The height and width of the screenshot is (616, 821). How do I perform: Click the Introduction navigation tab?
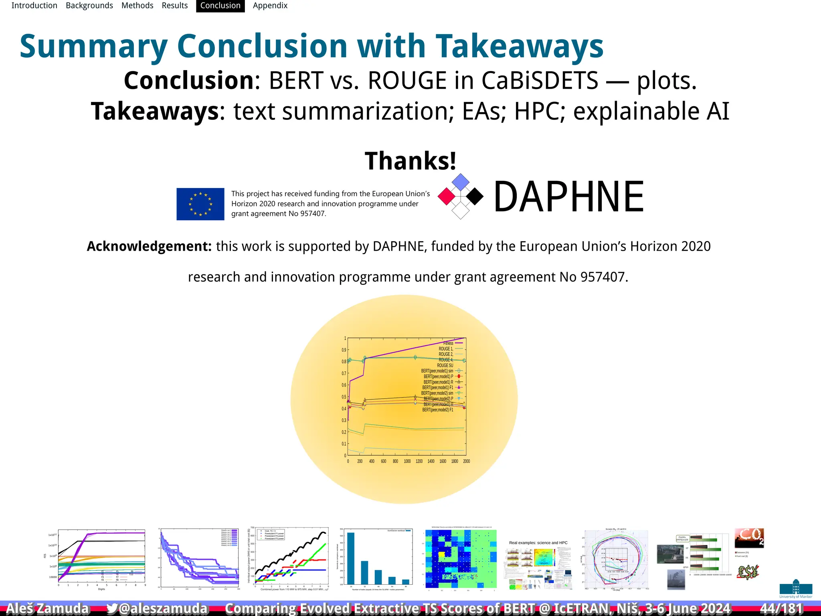pyautogui.click(x=34, y=6)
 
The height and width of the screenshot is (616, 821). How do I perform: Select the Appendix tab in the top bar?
pyautogui.click(x=270, y=6)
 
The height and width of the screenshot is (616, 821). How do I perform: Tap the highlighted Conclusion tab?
pyautogui.click(x=220, y=6)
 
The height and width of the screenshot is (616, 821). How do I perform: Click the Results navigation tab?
pyautogui.click(x=175, y=6)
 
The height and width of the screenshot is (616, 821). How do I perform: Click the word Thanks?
pyautogui.click(x=410, y=161)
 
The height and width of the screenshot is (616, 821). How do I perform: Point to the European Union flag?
pyautogui.click(x=200, y=204)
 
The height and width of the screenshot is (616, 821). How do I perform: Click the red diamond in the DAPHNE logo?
pyautogui.click(x=447, y=197)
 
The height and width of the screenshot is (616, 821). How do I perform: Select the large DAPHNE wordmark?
pyautogui.click(x=568, y=197)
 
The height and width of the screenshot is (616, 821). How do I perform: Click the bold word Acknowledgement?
pyautogui.click(x=149, y=246)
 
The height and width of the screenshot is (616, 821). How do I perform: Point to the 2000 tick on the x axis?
pyautogui.click(x=466, y=462)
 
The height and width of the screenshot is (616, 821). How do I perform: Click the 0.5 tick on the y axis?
pyautogui.click(x=344, y=397)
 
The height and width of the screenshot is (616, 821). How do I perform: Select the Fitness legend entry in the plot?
pyautogui.click(x=449, y=343)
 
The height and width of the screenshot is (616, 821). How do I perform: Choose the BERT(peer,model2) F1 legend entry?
pyautogui.click(x=438, y=410)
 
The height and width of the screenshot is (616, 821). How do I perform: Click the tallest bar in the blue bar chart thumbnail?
pyautogui.click(x=351, y=557)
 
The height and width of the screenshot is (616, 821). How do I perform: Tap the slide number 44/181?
pyautogui.click(x=781, y=608)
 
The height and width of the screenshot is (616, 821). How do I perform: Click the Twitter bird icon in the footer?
pyautogui.click(x=112, y=608)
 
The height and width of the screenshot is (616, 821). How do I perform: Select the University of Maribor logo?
pyautogui.click(x=796, y=589)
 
